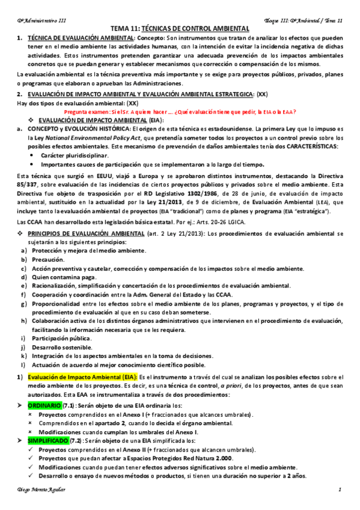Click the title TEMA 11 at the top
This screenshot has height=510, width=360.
pos(180,28)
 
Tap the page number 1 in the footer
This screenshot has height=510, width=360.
pos(339,490)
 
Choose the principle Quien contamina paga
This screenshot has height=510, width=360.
pos(63,277)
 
